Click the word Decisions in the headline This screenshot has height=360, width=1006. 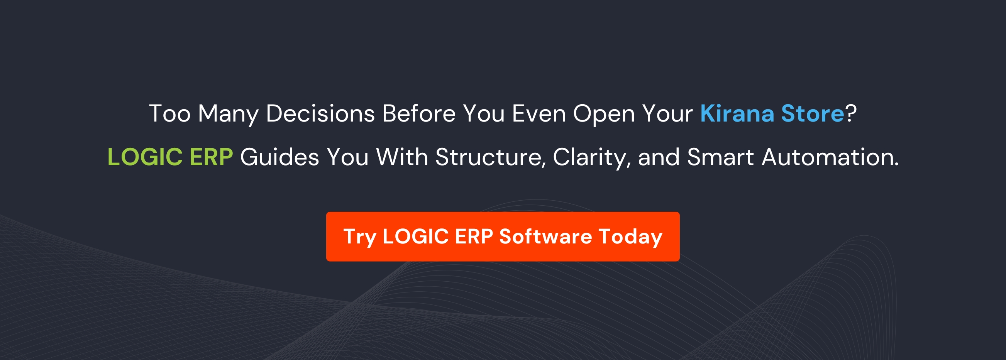pos(320,113)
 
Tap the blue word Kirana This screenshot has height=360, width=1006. pos(737,113)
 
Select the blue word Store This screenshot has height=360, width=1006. pos(812,113)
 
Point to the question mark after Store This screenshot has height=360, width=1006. pos(851,113)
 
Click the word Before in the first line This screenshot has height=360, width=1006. pos(418,113)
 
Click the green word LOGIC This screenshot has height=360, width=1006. pos(145,157)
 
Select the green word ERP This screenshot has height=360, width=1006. pos(211,157)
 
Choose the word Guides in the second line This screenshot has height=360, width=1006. pos(279,157)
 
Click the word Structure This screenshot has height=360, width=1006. pos(491,157)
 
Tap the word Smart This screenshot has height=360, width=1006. pos(720,157)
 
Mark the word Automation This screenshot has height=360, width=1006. pos(830,157)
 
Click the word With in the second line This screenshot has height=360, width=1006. pos(402,157)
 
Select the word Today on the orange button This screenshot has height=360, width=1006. pos(630,237)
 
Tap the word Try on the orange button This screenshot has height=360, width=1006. pos(360,237)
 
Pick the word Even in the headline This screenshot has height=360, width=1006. pos(539,113)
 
